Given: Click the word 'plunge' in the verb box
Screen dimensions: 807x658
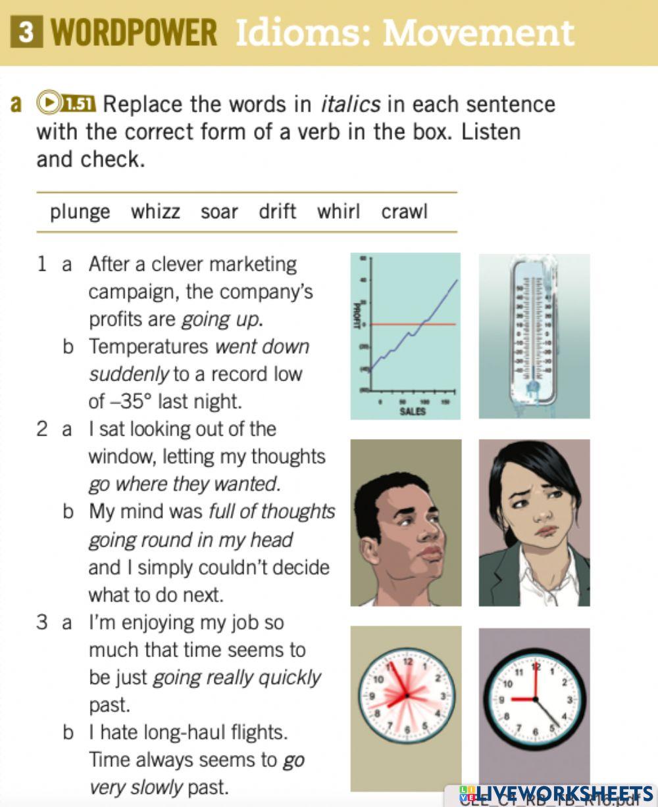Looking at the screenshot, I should tap(80, 212).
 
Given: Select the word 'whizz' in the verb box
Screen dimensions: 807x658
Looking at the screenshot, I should tap(155, 212).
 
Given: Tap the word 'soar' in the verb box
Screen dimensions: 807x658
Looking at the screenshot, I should tap(219, 212).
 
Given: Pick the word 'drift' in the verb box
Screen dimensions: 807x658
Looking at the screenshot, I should tap(277, 212).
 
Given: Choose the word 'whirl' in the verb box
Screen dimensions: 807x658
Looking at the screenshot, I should tap(338, 212).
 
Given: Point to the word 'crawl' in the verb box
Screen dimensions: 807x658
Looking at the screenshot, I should tap(404, 212).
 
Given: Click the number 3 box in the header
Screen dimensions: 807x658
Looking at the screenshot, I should tap(26, 33).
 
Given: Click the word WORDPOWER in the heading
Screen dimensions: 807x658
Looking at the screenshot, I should tap(134, 33).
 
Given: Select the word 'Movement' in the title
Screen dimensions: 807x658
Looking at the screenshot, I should tap(478, 33).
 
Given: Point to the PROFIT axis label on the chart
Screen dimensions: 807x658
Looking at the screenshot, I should tap(357, 315).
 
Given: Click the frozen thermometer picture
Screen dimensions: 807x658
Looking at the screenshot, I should tap(534, 335).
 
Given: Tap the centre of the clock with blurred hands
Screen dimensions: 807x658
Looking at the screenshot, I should tap(407, 695).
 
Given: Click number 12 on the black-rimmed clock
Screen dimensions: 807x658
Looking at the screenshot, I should tap(536, 668).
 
